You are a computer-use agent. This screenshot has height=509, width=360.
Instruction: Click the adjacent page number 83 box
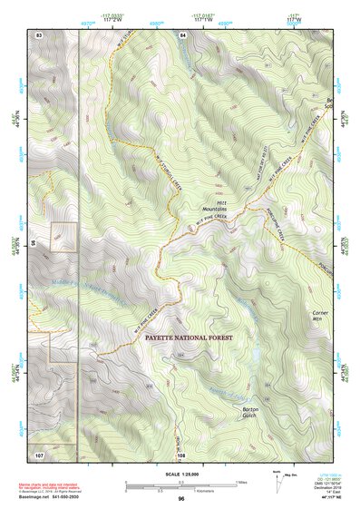(39, 34)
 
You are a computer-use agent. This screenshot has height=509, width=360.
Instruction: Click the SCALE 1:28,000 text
(181, 475)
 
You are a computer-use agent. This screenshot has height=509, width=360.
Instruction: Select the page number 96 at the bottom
(181, 500)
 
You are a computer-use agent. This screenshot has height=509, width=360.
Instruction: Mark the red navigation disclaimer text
(55, 489)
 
